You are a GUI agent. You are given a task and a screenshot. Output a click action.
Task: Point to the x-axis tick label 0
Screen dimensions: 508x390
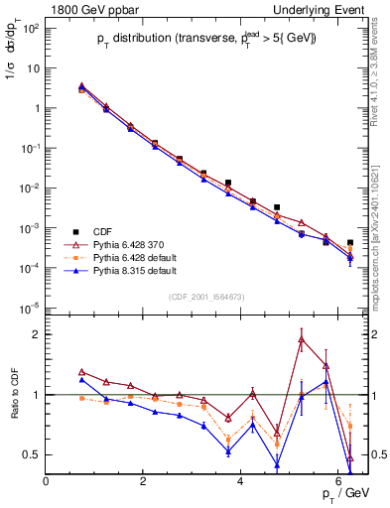47,482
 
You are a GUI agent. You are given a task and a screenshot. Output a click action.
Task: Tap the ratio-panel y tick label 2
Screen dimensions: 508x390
36,334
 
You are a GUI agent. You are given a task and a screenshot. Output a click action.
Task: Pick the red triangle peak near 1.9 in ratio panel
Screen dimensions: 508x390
302,340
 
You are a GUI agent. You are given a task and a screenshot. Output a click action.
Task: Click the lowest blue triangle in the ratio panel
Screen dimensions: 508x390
277,464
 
